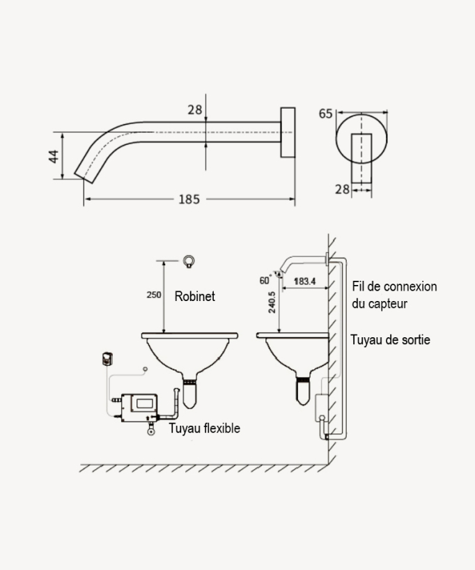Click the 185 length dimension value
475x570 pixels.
point(189,199)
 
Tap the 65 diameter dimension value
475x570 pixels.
point(325,114)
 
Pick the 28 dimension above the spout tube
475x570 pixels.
point(195,109)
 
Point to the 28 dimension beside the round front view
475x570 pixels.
point(342,189)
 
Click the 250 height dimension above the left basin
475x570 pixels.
point(154,295)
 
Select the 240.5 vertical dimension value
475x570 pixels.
point(272,302)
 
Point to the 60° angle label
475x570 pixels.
point(265,280)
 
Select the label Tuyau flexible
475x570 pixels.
point(205,428)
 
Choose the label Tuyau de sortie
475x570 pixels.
point(390,339)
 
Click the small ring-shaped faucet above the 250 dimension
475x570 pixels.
point(188,262)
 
